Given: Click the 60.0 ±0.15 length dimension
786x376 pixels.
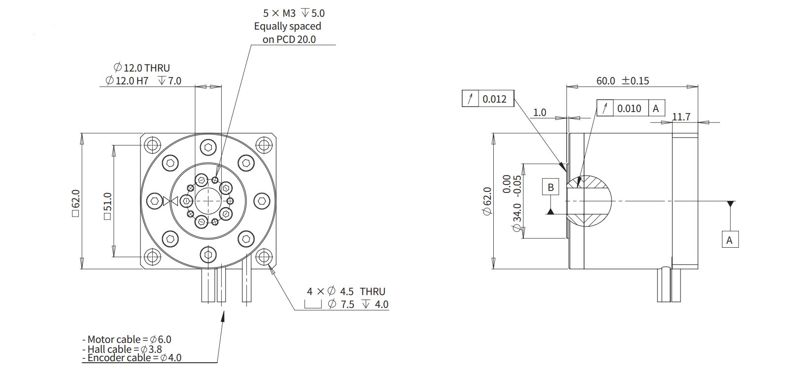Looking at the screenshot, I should [622, 80].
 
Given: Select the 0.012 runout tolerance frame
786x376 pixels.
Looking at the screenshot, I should [488, 99].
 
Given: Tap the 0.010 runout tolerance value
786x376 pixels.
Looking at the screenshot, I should [629, 109].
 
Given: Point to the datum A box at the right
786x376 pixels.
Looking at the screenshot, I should [729, 240].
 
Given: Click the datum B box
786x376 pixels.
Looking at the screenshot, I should [550, 187].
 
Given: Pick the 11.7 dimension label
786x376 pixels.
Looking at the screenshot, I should [681, 117].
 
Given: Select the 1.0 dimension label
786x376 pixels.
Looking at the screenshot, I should [540, 113].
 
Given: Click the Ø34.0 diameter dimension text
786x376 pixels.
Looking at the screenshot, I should [516, 217].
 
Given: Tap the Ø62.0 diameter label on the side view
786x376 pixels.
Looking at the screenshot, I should [487, 201].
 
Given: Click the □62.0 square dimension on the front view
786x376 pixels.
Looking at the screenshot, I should [75, 202].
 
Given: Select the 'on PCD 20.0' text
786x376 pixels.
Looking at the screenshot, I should [289, 39].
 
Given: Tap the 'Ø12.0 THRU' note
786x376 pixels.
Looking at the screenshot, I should [142, 68].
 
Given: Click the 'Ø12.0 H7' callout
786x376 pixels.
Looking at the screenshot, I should [127, 80].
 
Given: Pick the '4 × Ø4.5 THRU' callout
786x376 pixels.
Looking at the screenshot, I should [346, 292].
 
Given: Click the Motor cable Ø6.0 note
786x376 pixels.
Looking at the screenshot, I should [127, 339].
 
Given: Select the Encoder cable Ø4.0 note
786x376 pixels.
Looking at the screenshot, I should [132, 358].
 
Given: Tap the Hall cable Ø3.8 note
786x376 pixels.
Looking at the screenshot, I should [122, 349].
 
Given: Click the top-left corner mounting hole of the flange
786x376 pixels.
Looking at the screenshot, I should [152, 145].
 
